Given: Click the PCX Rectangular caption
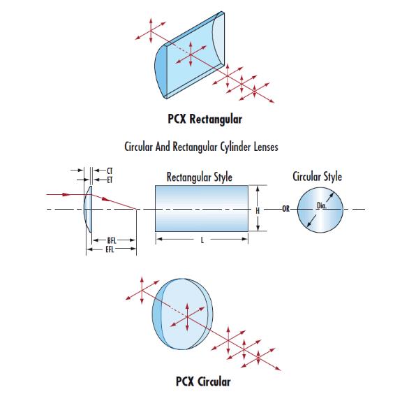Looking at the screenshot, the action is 205,119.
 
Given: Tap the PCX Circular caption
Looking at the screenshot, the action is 203,381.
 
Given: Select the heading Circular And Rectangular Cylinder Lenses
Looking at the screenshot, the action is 201,147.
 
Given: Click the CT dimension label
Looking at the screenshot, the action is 110,170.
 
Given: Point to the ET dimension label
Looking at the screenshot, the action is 110,180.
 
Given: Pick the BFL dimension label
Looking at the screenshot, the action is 112,240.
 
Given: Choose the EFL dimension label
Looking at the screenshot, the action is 110,249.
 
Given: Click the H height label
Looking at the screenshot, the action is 258,210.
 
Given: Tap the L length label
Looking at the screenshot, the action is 202,240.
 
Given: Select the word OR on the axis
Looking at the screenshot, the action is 285,209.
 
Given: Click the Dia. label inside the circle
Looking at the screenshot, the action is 322,205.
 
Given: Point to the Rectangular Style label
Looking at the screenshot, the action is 200,177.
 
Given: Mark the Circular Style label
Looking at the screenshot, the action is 318,176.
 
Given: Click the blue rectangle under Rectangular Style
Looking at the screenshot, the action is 202,208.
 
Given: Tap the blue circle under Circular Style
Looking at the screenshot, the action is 320,210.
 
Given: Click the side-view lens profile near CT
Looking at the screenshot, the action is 88,209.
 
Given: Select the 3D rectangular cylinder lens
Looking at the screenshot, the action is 189,55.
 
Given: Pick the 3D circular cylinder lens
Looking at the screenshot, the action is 183,314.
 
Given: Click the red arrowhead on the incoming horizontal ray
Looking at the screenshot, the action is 66,194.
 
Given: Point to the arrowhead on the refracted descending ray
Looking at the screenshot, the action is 105,199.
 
